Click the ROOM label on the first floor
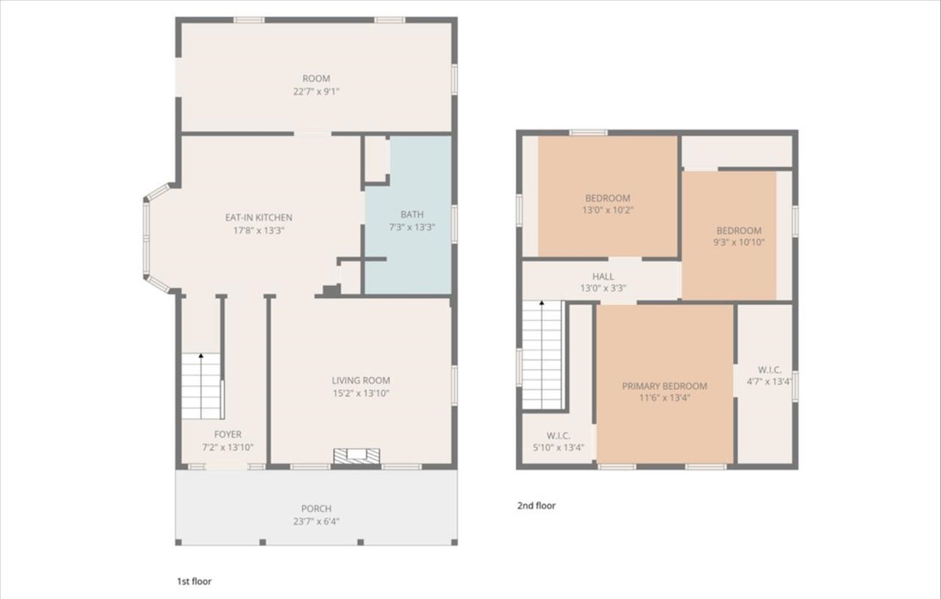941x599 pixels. [x=316, y=79]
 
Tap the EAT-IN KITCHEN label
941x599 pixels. [x=258, y=218]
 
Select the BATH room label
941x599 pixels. [x=412, y=215]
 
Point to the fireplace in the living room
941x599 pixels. [x=357, y=456]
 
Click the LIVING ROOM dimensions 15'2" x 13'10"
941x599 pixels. [x=360, y=393]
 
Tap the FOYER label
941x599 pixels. [x=228, y=434]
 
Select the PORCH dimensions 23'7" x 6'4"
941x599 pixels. [x=316, y=521]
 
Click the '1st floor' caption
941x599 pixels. [x=194, y=581]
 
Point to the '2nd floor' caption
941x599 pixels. [x=537, y=506]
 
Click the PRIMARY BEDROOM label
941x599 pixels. [x=665, y=386]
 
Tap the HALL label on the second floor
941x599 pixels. [x=603, y=276]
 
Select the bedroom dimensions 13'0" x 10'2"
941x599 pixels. [x=608, y=210]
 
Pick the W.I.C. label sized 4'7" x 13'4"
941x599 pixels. [x=770, y=370]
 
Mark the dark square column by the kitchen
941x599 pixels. [x=332, y=290]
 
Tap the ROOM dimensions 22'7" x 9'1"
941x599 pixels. [x=316, y=91]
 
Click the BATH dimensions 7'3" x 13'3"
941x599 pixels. [x=412, y=227]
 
